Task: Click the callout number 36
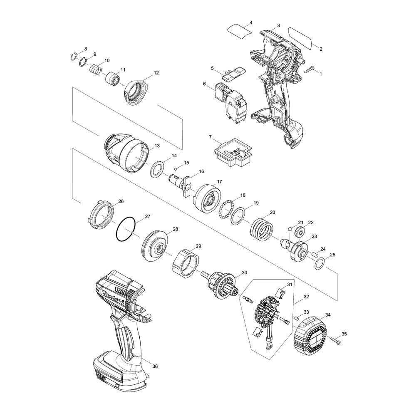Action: click(x=155, y=366)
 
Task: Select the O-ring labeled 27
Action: click(x=126, y=229)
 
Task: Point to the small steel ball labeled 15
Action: click(x=176, y=169)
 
